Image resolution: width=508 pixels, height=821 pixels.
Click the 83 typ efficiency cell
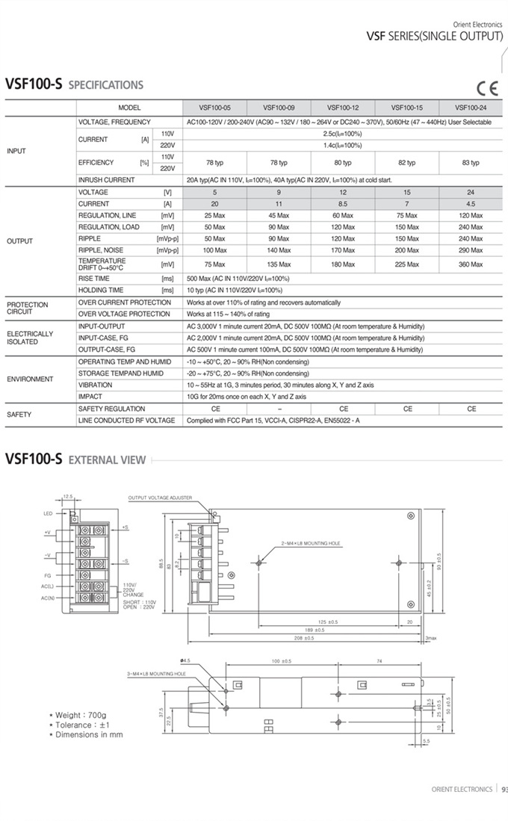point(471,162)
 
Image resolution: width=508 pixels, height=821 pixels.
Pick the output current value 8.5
point(343,204)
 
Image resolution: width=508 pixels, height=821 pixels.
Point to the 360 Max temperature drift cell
point(471,264)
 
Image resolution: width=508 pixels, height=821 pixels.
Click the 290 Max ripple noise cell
point(471,250)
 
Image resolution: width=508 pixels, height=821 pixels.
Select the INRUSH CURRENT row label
point(107,180)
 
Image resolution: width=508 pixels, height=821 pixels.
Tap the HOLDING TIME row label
point(101,290)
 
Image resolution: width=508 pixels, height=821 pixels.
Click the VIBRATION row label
point(95,385)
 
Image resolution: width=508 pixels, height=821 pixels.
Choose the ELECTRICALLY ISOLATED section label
point(30,338)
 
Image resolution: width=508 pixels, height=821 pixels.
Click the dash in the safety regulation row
point(279,409)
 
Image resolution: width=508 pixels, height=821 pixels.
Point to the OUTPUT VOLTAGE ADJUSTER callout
point(161,497)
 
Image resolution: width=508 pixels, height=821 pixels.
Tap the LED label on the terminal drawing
point(48,514)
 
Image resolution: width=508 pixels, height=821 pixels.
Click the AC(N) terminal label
point(48,598)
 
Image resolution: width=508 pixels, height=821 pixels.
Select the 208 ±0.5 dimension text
point(304,638)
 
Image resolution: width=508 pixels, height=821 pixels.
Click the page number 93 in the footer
point(504,789)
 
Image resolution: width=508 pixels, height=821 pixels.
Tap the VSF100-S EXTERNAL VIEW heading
point(75,459)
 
